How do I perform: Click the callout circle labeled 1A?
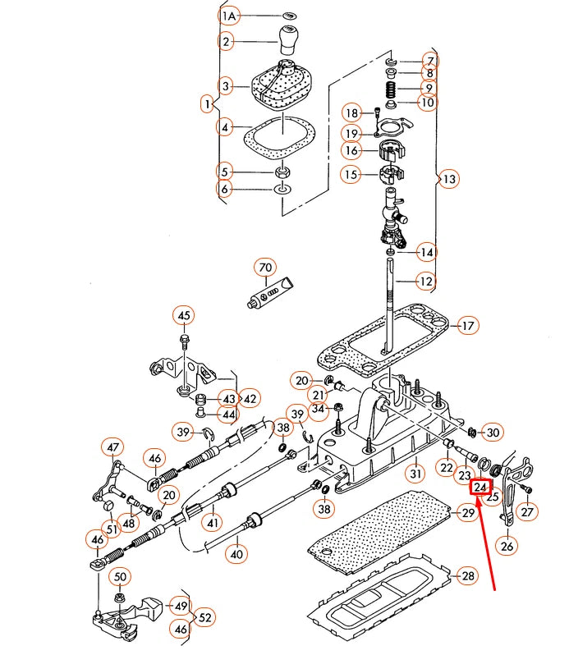point(229,16)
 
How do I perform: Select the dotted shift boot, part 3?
point(282,85)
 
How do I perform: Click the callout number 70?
point(264,268)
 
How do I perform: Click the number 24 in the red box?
point(480,488)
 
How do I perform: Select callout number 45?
point(183,316)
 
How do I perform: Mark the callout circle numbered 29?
point(467,514)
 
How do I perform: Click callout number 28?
point(466,576)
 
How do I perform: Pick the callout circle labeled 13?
point(448,179)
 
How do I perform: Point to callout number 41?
point(213,522)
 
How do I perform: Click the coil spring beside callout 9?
point(392,88)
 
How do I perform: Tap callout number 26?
point(507,545)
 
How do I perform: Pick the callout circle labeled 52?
point(205,617)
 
